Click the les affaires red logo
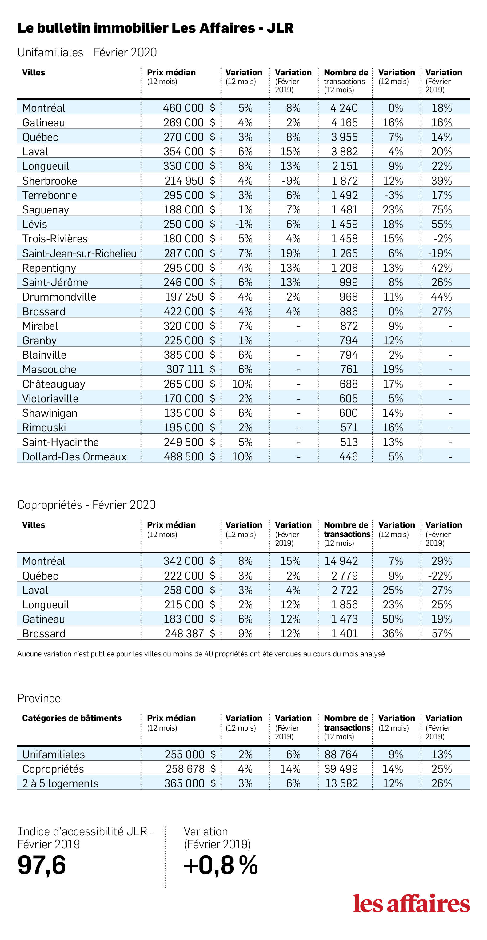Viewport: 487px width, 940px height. (411, 903)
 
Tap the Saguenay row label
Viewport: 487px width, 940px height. (45, 210)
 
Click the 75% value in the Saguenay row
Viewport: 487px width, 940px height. (441, 210)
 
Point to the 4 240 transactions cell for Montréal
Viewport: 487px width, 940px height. (344, 108)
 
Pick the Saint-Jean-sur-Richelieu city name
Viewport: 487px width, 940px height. (79, 253)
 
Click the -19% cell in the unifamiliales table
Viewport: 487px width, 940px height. (440, 253)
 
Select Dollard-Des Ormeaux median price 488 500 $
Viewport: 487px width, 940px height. (190, 456)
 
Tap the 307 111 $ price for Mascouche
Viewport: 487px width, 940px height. (190, 369)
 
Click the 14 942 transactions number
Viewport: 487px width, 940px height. (341, 561)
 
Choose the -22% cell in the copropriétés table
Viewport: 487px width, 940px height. (440, 576)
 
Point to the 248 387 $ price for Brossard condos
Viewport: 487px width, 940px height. (190, 633)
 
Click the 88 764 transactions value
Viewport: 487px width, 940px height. (341, 754)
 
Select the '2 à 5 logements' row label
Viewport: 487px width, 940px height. (60, 783)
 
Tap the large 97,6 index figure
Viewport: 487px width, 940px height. (42, 865)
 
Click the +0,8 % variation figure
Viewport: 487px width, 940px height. (221, 865)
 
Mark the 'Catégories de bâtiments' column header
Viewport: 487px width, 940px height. (72, 718)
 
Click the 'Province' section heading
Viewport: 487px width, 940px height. (39, 699)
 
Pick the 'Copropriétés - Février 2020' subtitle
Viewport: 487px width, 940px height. (86, 505)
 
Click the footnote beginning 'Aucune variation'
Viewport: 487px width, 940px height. (201, 654)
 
